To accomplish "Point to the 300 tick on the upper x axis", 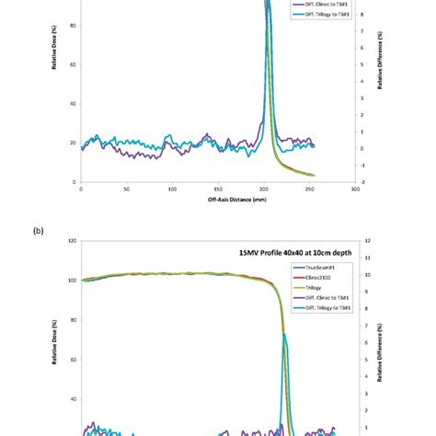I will tap(355, 189).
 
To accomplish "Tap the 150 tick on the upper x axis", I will tap(218, 189).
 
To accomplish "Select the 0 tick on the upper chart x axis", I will tap(82, 189).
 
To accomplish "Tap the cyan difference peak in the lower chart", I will tap(285, 337).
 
